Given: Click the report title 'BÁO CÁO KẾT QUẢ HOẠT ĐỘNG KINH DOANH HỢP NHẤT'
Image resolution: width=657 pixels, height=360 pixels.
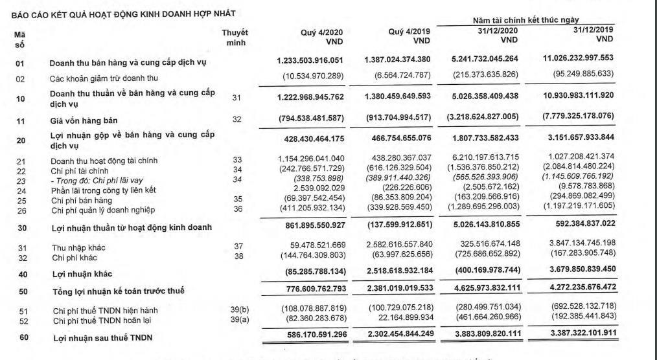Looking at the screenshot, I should tap(119, 13).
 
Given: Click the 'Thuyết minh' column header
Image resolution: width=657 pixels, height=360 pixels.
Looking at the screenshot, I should tap(235, 38).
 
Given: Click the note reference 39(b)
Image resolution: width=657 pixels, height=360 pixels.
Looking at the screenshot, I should tap(239, 310).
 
